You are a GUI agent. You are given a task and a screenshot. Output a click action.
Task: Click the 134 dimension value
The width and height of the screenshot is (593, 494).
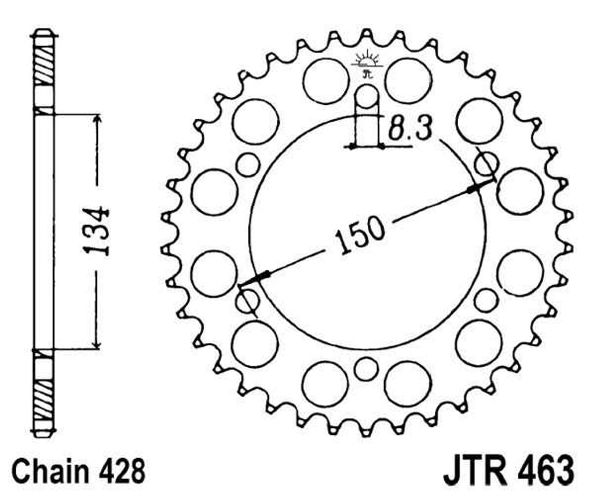(x=96, y=230)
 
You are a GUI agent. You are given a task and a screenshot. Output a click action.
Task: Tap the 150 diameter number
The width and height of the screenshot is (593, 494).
(x=359, y=235)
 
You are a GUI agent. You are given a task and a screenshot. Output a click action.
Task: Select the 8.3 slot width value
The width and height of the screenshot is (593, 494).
(x=409, y=129)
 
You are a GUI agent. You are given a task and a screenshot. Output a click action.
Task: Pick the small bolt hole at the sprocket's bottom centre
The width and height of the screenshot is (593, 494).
(x=366, y=368)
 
